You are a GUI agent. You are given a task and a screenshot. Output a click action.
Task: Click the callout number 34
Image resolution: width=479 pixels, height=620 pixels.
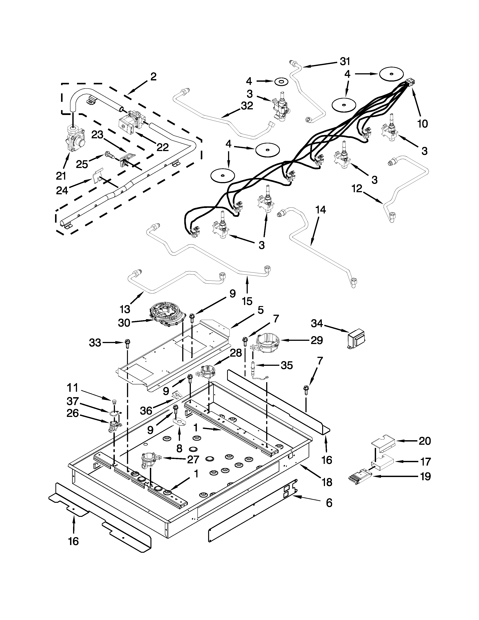(317, 323)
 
